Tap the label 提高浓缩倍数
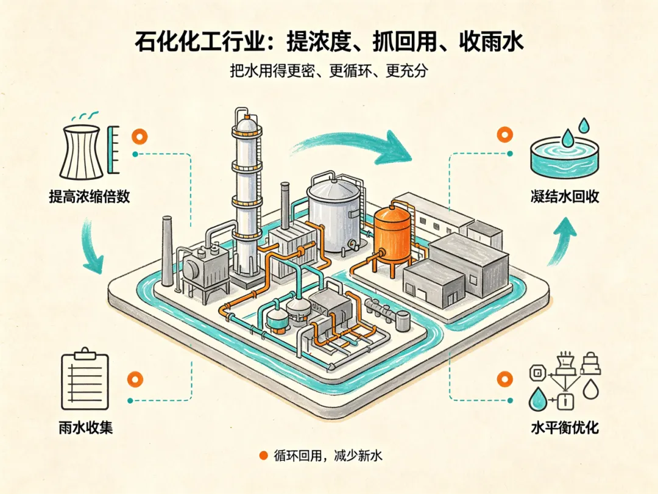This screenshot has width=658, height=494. [x=90, y=196]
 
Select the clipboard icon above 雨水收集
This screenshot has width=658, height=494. [x=85, y=379]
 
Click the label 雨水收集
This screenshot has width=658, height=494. [x=86, y=428]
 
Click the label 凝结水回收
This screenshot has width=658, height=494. [x=565, y=196]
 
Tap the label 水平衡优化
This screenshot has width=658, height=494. [x=565, y=428]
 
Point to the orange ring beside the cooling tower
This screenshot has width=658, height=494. [x=140, y=137]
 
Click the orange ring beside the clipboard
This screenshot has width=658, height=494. [x=135, y=379]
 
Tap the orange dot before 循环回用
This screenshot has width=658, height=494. [x=264, y=456]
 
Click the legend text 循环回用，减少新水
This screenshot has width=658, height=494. [x=328, y=456]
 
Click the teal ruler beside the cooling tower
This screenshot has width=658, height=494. [x=113, y=149]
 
